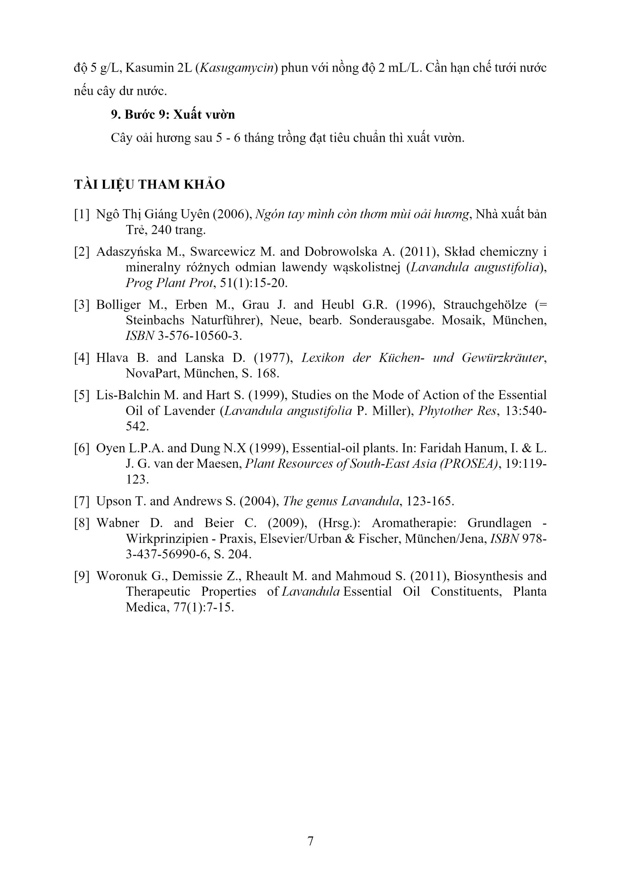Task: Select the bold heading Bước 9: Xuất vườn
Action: click(173, 115)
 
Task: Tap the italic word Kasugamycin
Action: click(238, 68)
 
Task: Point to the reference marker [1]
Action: click(82, 214)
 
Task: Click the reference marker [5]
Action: click(82, 395)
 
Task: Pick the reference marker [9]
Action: click(82, 576)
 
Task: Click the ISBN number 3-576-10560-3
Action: click(200, 336)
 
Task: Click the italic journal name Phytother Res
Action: click(458, 411)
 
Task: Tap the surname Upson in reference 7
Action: click(114, 501)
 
